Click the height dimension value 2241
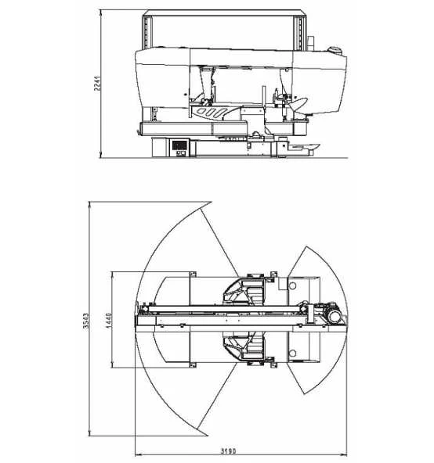[97, 83]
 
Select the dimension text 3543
[86, 321]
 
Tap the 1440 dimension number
[109, 320]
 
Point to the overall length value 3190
[229, 451]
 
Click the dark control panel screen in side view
[179, 145]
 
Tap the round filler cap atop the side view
[335, 50]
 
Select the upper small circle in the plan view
[292, 285]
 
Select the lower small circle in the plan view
[292, 353]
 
